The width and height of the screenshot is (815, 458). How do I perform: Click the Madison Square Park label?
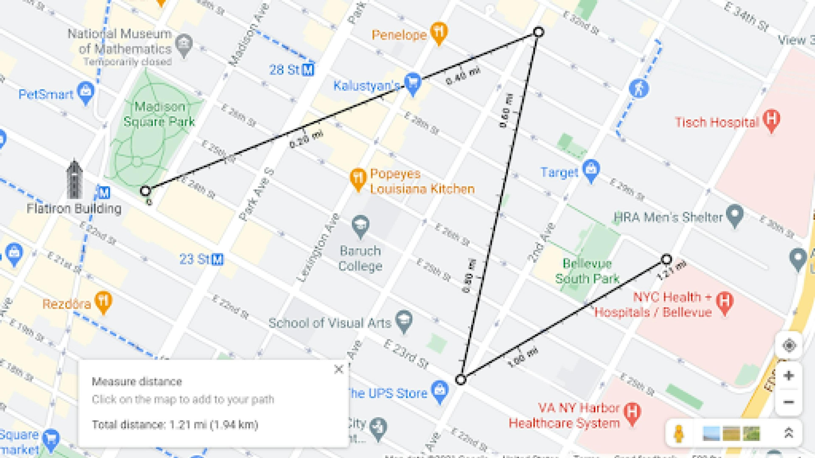coord(159,114)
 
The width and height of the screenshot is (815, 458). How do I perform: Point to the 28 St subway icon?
coord(308,70)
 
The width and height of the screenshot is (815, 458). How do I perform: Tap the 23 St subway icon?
coord(217,259)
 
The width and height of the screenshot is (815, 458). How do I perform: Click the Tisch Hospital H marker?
coord(771,120)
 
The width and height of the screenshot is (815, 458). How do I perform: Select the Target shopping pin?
coord(591,171)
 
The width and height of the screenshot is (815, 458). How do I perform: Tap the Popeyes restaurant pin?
coord(358,179)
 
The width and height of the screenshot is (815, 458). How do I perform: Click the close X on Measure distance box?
coord(339,369)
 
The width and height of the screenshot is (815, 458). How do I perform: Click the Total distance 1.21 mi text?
coord(175,424)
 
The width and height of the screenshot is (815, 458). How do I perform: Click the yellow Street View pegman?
coord(679,433)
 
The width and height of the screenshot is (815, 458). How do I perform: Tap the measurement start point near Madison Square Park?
coord(145,191)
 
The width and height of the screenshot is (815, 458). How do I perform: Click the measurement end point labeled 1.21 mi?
coord(666,259)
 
